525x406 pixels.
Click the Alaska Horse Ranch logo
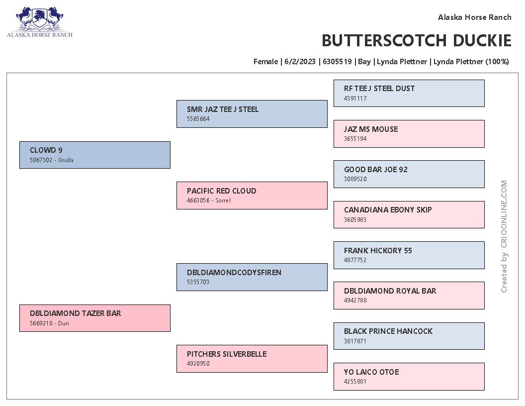click(39, 22)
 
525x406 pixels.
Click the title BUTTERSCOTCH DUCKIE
click(416, 40)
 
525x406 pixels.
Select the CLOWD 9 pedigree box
click(95, 155)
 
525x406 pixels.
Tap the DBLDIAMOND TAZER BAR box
click(95, 318)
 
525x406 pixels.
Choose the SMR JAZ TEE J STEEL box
click(252, 114)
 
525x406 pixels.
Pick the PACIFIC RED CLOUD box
click(252, 196)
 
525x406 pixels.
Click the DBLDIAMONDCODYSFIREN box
click(252, 277)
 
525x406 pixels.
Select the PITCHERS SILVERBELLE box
click(252, 359)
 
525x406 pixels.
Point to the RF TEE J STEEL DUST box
click(409, 94)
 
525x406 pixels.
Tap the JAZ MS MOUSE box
click(409, 134)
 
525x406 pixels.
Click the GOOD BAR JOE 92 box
click(409, 174)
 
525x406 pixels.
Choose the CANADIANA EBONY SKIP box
click(409, 215)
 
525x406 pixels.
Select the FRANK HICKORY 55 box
click(409, 255)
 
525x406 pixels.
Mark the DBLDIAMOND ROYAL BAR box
click(409, 296)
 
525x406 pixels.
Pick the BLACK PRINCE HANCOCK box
click(409, 336)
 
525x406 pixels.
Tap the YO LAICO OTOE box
click(409, 377)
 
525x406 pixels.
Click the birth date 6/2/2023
click(300, 62)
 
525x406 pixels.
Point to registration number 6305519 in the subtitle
click(337, 62)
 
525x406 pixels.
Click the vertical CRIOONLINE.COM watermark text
click(504, 236)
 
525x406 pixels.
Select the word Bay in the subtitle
click(364, 62)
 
